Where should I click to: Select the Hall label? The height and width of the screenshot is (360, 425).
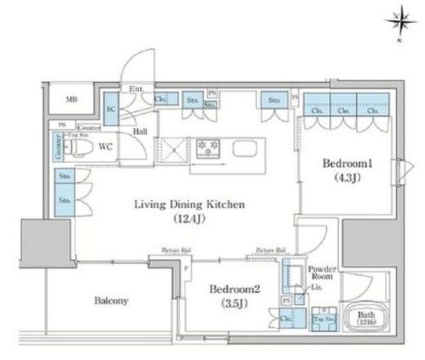coord(141,129)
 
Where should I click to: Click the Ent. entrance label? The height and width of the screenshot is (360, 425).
coord(136,90)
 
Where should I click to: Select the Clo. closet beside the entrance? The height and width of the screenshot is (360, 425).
coord(161,101)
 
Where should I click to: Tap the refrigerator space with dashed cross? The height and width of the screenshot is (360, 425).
coord(172,151)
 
